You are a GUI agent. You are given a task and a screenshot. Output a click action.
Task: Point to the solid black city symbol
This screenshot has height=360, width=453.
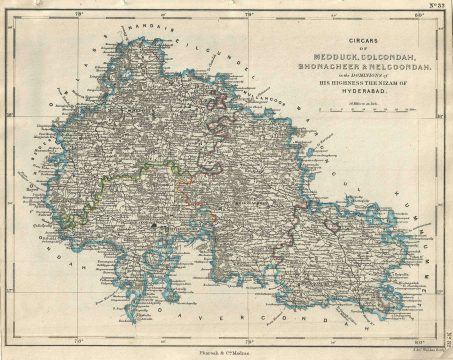tap(153, 228)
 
